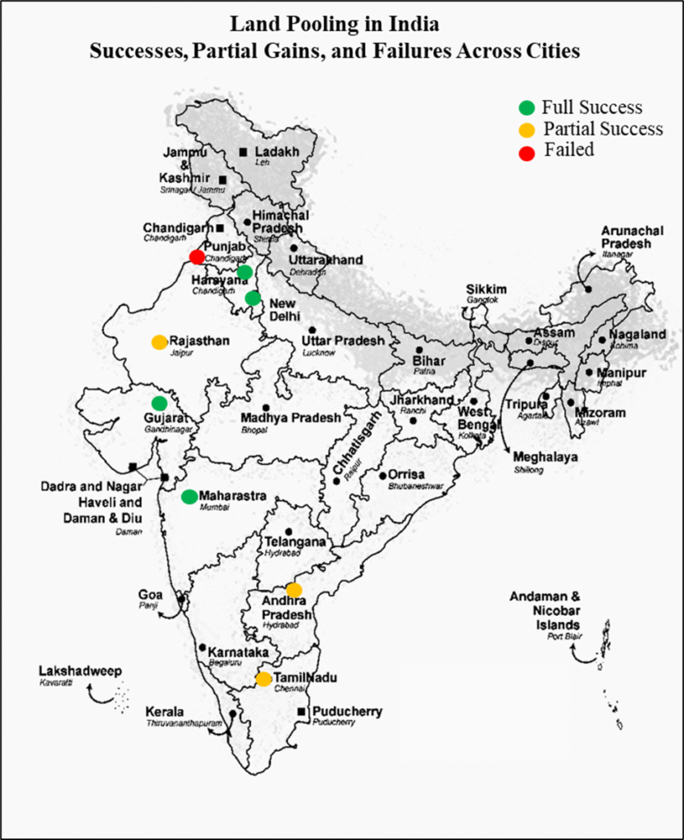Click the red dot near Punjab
pyautogui.click(x=197, y=257)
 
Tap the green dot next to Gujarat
pyautogui.click(x=159, y=403)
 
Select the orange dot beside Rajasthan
pyautogui.click(x=159, y=342)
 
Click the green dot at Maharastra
pyautogui.click(x=189, y=496)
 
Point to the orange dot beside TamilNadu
pyautogui.click(x=263, y=678)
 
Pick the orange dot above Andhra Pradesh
pyautogui.click(x=294, y=590)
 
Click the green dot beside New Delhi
pyautogui.click(x=253, y=298)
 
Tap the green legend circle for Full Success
pyautogui.click(x=527, y=107)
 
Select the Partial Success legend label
pyautogui.click(x=603, y=129)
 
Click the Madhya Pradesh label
pyautogui.click(x=291, y=418)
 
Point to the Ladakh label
pyautogui.click(x=276, y=152)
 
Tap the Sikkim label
pyautogui.click(x=487, y=290)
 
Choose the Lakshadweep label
pyautogui.click(x=80, y=671)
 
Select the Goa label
pyautogui.click(x=150, y=595)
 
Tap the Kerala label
pyautogui.click(x=164, y=711)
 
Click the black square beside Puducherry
pyautogui.click(x=302, y=711)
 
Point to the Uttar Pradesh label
pyautogui.click(x=342, y=340)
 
